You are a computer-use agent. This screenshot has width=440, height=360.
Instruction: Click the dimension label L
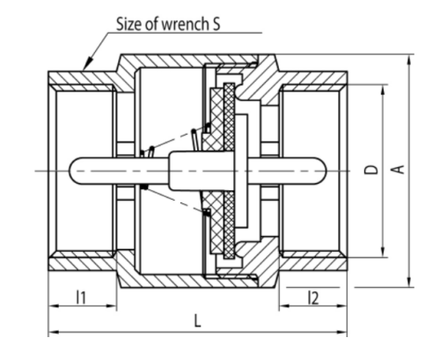(198, 320)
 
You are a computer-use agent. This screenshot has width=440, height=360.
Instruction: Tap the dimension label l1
(81, 298)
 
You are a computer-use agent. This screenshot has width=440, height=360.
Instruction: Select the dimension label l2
(313, 298)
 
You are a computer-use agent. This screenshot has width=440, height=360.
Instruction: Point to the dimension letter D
(371, 170)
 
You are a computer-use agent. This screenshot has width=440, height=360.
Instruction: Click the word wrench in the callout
(183, 24)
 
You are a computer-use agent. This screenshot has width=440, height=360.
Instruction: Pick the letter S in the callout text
(216, 24)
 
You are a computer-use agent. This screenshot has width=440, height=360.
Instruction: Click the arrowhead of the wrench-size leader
(89, 62)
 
